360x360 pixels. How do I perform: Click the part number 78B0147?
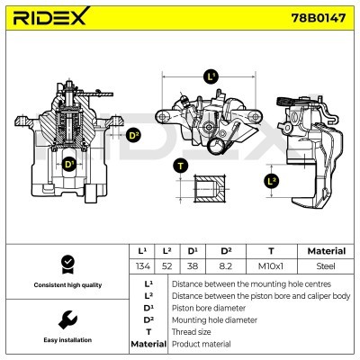click(319, 18)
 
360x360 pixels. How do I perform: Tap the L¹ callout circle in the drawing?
click(211, 77)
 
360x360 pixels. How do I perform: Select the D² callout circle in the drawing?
click(134, 135)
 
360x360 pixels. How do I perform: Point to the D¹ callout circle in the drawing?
click(68, 164)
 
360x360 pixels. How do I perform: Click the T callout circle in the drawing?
click(180, 166)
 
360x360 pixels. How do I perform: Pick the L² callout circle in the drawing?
click(272, 181)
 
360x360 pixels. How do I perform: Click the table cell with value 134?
click(142, 266)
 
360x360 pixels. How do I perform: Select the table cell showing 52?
click(166, 266)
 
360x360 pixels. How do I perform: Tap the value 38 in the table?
click(193, 266)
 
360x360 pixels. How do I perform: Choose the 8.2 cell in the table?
click(226, 266)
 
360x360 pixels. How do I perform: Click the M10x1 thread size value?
click(271, 266)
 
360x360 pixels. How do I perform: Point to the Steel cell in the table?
click(326, 266)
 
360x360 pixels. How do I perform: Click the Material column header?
click(327, 251)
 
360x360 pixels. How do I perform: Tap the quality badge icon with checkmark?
click(68, 265)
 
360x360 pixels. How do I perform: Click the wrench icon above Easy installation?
click(67, 319)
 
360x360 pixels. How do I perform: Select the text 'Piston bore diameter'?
click(209, 308)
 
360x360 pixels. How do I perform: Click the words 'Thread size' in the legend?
click(191, 332)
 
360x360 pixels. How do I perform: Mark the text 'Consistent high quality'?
click(67, 285)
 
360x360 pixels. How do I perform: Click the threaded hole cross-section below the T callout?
click(209, 189)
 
